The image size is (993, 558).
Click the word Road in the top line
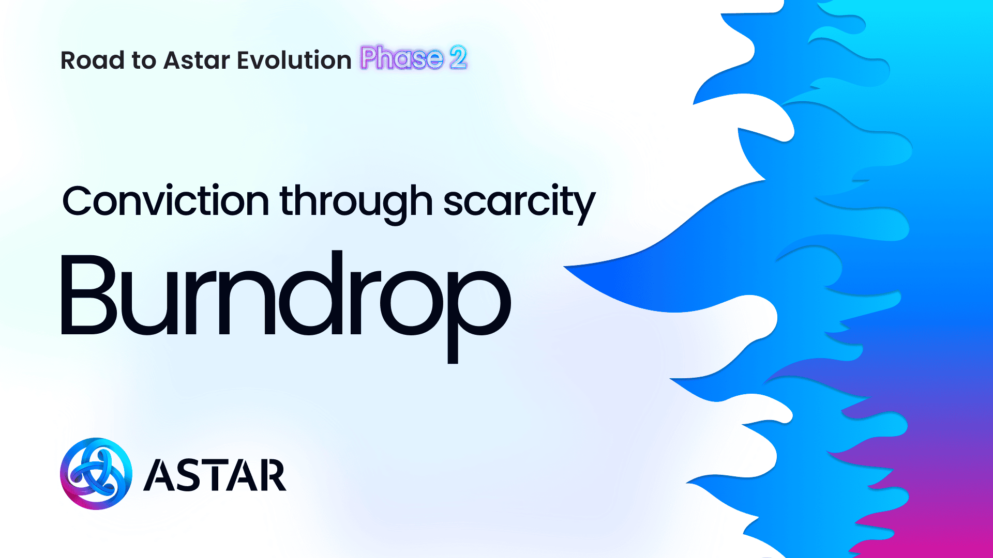[x=93, y=60]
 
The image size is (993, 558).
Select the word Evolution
[x=294, y=60]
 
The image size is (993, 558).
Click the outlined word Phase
[x=402, y=57]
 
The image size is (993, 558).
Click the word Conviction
[x=165, y=200]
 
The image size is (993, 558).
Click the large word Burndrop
[x=286, y=307]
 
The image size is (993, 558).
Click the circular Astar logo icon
[x=96, y=474]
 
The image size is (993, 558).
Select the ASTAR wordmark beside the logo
[x=215, y=475]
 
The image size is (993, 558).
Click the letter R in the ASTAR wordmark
[x=272, y=475]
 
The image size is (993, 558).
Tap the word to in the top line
[x=144, y=61]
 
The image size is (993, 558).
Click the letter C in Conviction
[x=78, y=200]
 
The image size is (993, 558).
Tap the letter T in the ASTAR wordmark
[x=214, y=475]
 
